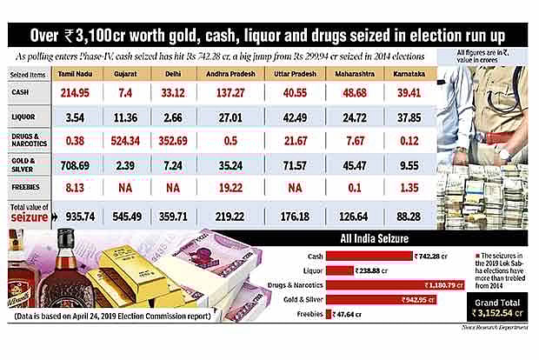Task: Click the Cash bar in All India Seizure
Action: [x=364, y=257]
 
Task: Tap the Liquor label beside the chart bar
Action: [x=309, y=270]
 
